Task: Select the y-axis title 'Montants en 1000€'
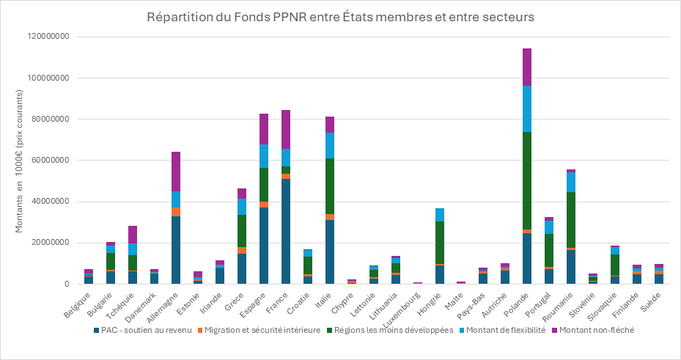tap(20, 160)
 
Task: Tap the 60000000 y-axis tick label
tap(48, 161)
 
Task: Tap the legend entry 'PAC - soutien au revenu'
tap(145, 330)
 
